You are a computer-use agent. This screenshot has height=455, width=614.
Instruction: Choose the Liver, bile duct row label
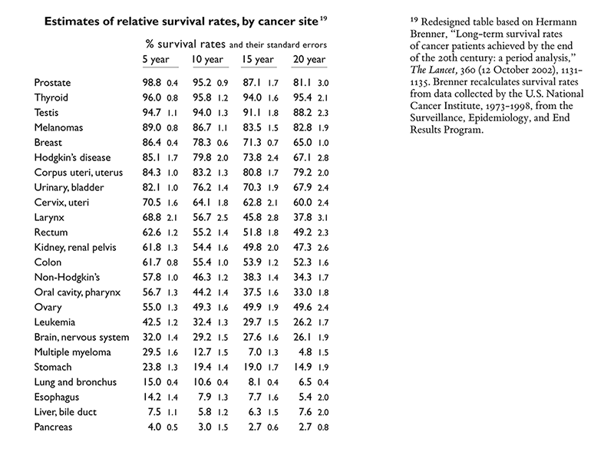pos(67,412)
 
